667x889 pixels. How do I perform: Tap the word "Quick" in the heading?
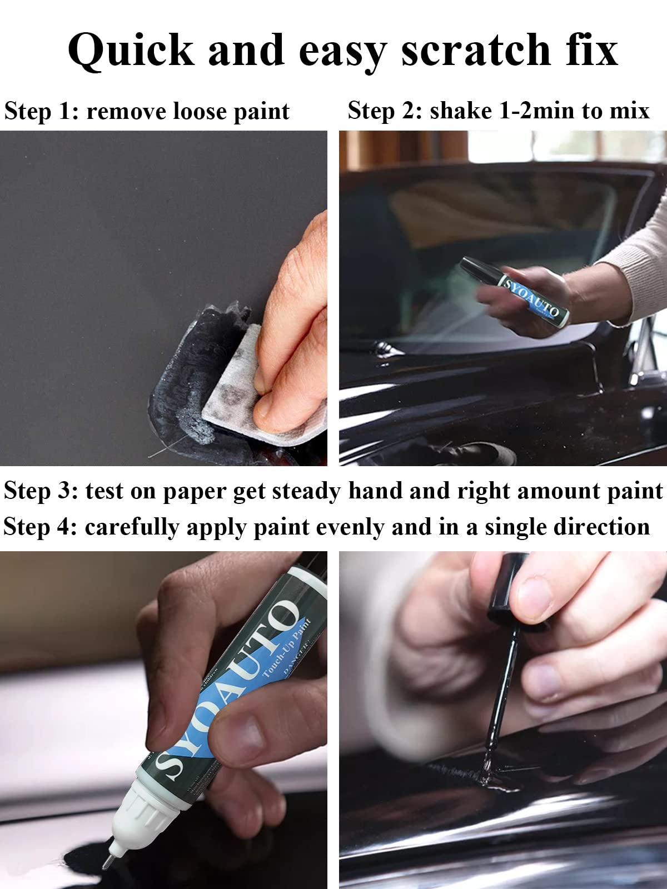131,51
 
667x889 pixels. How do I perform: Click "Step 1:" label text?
41,111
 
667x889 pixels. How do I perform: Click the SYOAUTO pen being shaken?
517,292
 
